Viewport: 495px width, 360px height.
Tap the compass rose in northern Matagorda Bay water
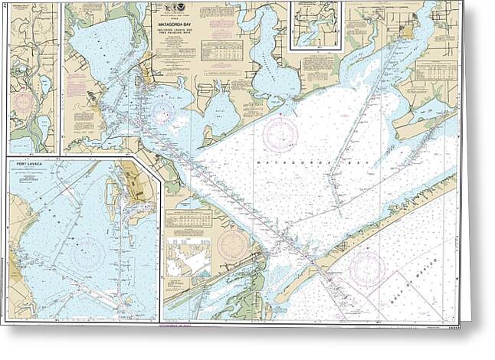pyautogui.click(x=280, y=135)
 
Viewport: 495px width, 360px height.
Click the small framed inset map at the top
pyautogui.click(x=316, y=26)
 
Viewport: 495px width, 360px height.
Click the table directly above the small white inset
pyautogui.click(x=188, y=222)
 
